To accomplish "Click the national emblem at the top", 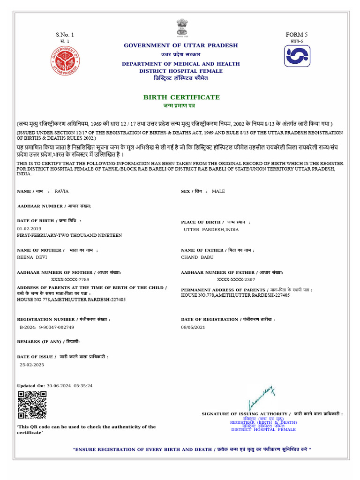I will [181, 27].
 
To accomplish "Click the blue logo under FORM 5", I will [297, 56].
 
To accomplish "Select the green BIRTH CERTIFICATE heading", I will [181, 97].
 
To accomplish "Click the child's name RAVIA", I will [61, 191].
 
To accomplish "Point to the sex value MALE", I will [218, 191].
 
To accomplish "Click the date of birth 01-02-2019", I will [29, 228].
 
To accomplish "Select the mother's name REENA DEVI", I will [32, 257].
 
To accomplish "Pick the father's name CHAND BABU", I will [197, 257].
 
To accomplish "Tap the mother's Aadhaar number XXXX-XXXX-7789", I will [70, 279].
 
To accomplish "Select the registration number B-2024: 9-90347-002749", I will [47, 327].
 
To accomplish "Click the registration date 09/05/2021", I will [193, 327].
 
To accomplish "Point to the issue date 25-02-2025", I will [32, 364].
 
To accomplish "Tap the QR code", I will [32, 405].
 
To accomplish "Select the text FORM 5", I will [297, 35].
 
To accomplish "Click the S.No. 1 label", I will [65, 35].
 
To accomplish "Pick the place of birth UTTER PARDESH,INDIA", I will [211, 230].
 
